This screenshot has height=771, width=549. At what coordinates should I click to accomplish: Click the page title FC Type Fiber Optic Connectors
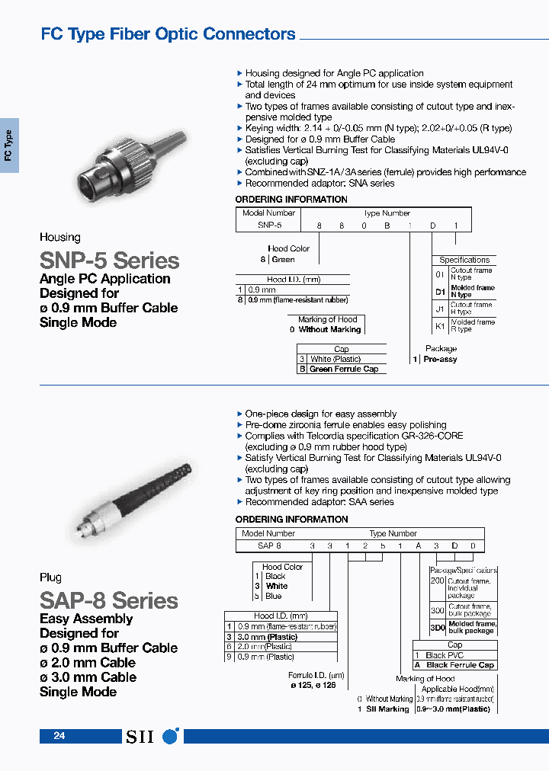click(x=168, y=34)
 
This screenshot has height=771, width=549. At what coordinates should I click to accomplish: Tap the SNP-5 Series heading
click(x=109, y=260)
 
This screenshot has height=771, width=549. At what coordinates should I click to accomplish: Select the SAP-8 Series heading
click(x=108, y=600)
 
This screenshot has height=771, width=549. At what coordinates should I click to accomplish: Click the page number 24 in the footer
click(x=59, y=736)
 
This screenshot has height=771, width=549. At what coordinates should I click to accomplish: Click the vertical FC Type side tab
click(x=9, y=146)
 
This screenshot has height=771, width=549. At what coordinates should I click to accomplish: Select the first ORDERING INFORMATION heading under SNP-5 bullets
click(x=291, y=200)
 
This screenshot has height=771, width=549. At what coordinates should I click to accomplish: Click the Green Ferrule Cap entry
click(x=343, y=369)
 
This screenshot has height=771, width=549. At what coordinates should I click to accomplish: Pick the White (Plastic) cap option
click(x=335, y=359)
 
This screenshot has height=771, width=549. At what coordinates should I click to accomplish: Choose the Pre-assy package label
click(x=439, y=359)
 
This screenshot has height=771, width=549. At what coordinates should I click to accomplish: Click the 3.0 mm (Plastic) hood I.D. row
click(x=265, y=637)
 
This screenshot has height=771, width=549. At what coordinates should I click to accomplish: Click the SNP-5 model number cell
click(x=269, y=226)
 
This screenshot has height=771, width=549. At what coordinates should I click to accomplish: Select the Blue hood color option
click(x=274, y=596)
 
